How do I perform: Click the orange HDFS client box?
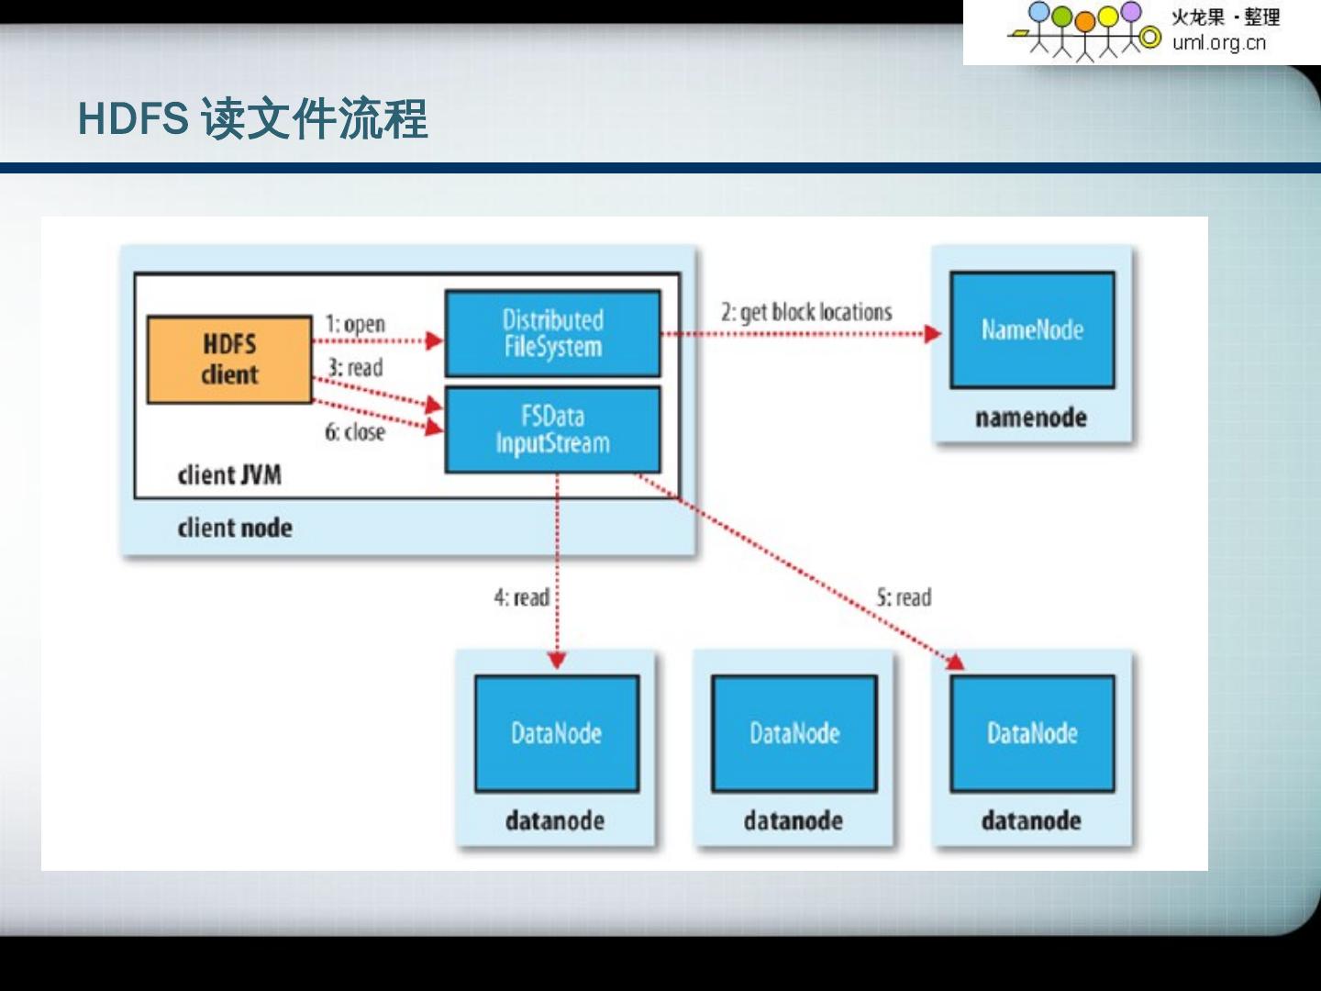click(229, 360)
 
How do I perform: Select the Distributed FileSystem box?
click(552, 333)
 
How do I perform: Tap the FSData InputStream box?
click(552, 429)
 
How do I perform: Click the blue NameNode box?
click(1032, 329)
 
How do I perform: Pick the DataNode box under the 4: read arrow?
click(556, 733)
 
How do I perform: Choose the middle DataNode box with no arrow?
click(794, 733)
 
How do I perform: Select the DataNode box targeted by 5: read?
click(1032, 733)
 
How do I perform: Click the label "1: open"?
click(355, 324)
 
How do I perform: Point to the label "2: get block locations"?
click(805, 312)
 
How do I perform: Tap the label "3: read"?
click(355, 368)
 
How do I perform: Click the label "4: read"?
click(521, 597)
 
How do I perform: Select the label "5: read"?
click(904, 597)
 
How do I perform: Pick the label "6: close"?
click(355, 432)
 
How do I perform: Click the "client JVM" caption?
click(229, 475)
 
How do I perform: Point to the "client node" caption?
click(235, 528)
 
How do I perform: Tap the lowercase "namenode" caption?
click(1031, 418)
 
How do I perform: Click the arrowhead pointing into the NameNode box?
click(933, 333)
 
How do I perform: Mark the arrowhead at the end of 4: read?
click(557, 660)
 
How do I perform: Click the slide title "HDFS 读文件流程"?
click(252, 118)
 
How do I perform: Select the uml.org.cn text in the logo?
click(1218, 42)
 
